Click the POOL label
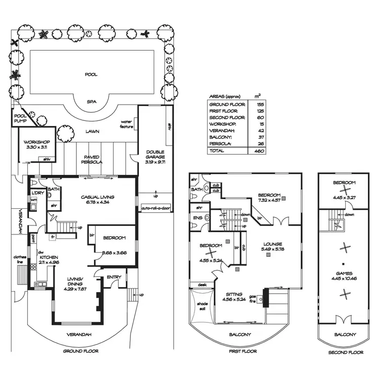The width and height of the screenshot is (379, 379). [x=91, y=74]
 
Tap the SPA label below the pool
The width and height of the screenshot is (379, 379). [x=91, y=101]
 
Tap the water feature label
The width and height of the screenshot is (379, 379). [x=126, y=124]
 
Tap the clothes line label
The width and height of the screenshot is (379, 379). [x=19, y=259]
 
